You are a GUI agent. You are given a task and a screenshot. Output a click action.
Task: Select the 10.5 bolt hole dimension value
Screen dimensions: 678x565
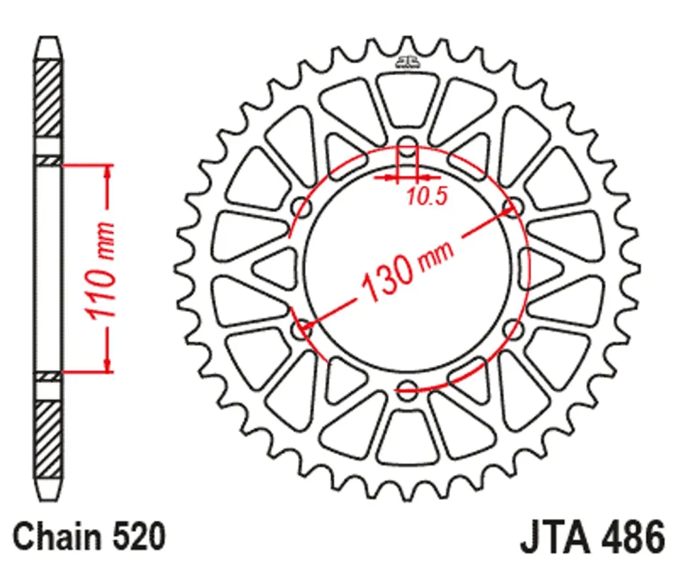coord(426,197)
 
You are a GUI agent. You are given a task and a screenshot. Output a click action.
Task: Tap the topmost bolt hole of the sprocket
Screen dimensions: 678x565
coord(407,146)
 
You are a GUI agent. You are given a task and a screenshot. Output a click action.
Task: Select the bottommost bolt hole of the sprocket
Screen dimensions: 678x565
coord(407,390)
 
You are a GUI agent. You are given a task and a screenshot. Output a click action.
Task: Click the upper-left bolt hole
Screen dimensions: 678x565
coord(301,207)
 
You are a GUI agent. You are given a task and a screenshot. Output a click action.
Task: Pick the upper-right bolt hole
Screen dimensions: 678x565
coord(513,207)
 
